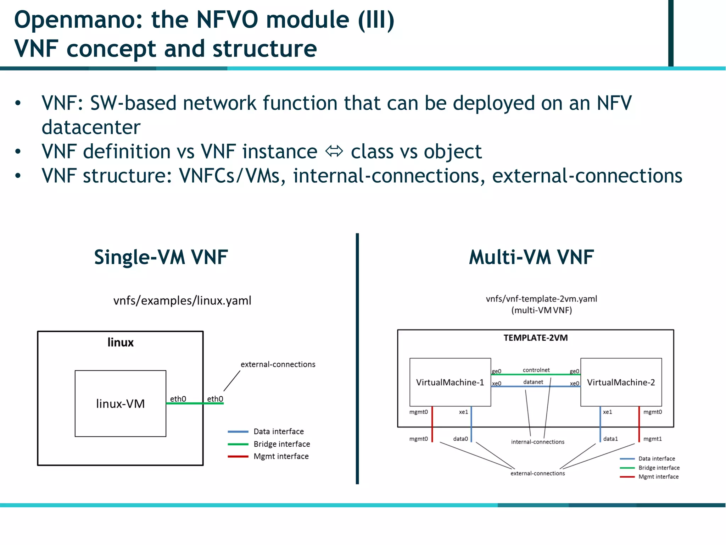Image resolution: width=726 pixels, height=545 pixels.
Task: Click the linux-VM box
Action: pyautogui.click(x=120, y=403)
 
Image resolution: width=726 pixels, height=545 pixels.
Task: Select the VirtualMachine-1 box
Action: pyautogui.click(x=450, y=382)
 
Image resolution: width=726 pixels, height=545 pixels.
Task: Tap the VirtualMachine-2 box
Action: pyautogui.click(x=621, y=382)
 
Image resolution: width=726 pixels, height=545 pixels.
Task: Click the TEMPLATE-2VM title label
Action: pyautogui.click(x=535, y=338)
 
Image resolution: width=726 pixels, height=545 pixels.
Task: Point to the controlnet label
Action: pyautogui.click(x=536, y=370)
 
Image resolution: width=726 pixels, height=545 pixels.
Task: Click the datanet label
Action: pyautogui.click(x=533, y=382)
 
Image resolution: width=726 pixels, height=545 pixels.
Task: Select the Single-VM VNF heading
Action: pyautogui.click(x=161, y=257)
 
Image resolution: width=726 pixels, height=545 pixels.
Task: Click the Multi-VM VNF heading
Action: pyautogui.click(x=531, y=257)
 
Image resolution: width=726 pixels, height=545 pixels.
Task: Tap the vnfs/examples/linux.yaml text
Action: pyautogui.click(x=182, y=301)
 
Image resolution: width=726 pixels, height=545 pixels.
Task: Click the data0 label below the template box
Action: pyautogui.click(x=460, y=439)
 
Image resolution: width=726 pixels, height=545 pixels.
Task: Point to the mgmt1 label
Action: pyautogui.click(x=652, y=439)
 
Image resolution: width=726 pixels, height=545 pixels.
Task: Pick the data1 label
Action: pyautogui.click(x=610, y=439)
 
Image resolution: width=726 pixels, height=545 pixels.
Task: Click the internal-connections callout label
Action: pyautogui.click(x=537, y=442)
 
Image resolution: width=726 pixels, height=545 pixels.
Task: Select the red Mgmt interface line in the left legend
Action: pyautogui.click(x=238, y=457)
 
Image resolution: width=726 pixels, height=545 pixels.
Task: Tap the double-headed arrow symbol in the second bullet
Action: pyautogui.click(x=334, y=152)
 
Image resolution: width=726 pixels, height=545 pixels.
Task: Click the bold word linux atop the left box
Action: pyautogui.click(x=121, y=342)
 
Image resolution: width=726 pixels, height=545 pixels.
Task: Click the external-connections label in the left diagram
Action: pyautogui.click(x=278, y=364)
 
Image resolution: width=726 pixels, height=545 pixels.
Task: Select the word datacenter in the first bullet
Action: pyautogui.click(x=91, y=127)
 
